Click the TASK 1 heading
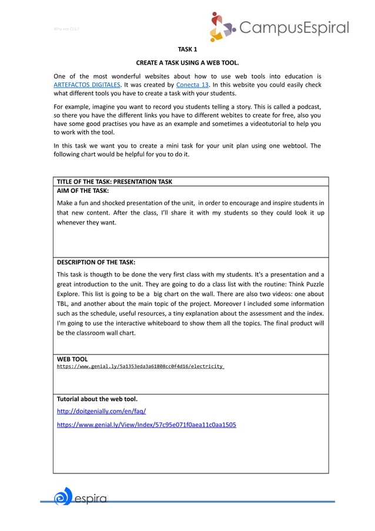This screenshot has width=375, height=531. (x=187, y=49)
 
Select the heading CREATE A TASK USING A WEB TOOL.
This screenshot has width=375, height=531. (x=187, y=62)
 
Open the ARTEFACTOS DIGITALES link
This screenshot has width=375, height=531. (x=86, y=85)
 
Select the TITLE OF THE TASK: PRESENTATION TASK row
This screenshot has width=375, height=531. (x=115, y=182)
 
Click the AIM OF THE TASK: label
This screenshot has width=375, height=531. (x=82, y=191)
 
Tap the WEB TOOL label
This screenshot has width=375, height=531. (x=72, y=359)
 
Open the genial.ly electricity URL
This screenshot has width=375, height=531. (x=140, y=366)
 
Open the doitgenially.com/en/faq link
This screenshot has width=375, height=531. (x=101, y=411)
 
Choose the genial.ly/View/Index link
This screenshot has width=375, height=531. (x=146, y=424)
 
